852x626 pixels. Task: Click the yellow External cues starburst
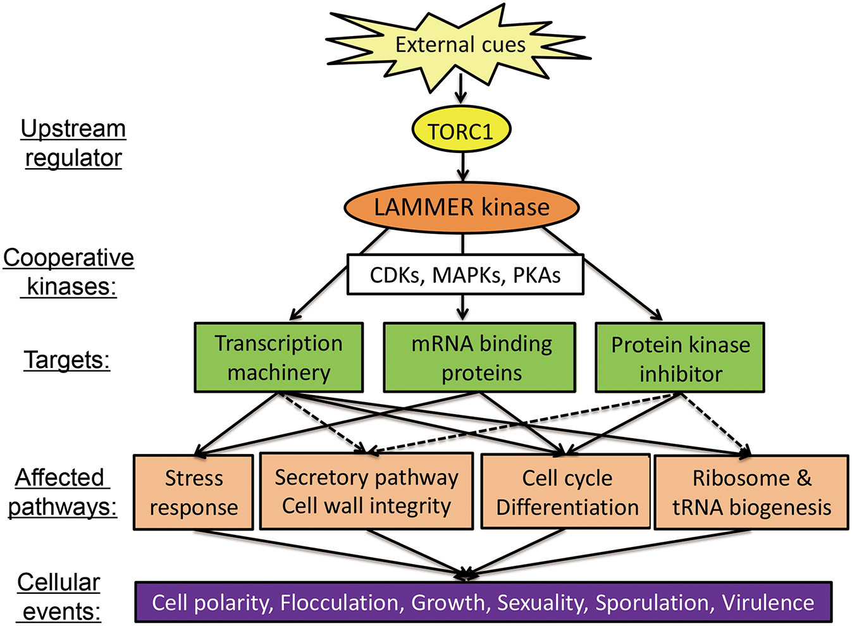point(460,46)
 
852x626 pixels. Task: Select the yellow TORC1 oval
point(460,131)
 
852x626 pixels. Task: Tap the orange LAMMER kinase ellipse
point(462,207)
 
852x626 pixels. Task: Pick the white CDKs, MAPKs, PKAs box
point(465,275)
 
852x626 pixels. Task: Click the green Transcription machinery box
point(278,358)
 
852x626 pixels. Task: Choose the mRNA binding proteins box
point(480,358)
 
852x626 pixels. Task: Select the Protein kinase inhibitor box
point(680,359)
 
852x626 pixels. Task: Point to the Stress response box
point(194,493)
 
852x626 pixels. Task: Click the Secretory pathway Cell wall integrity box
point(367,491)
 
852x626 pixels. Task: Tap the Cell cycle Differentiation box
point(566,492)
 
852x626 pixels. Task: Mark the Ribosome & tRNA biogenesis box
point(751,493)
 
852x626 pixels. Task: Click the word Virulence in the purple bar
point(768,603)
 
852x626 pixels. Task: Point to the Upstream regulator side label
point(73,143)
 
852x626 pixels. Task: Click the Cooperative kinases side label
point(69,272)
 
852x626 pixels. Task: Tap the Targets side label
point(67,360)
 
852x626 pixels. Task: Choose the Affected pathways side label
point(62,492)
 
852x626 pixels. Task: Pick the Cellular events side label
point(59,597)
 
